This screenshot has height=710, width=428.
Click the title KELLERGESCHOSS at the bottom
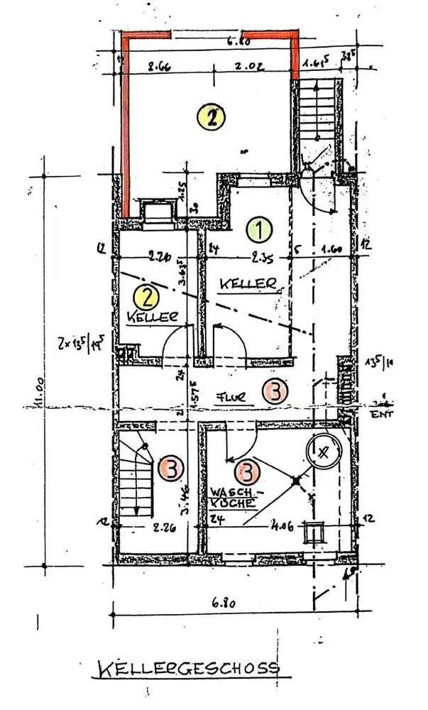point(187,669)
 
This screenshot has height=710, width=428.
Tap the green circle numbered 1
point(260,230)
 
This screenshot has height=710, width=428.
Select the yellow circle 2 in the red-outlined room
point(211,116)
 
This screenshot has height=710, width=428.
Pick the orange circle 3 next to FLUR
point(275,390)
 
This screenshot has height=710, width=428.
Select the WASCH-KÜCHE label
point(232,496)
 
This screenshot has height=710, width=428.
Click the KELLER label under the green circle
point(247,283)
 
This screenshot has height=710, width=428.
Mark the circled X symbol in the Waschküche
point(324,452)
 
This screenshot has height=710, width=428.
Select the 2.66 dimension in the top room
point(160,68)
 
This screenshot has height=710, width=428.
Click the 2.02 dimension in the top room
point(248,69)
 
